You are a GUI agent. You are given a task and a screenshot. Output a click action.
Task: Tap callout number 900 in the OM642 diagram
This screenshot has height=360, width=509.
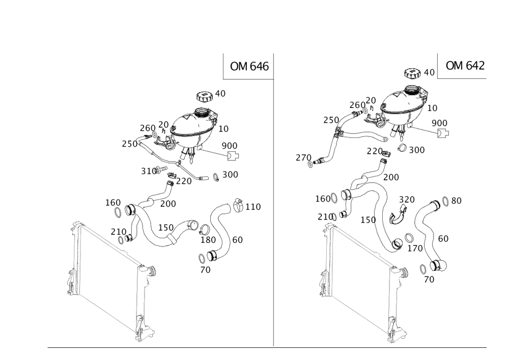439,123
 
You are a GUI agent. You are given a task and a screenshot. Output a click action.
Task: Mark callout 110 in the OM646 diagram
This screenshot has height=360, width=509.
252,207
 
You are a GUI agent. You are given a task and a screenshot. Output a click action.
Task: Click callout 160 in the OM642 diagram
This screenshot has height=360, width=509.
323,198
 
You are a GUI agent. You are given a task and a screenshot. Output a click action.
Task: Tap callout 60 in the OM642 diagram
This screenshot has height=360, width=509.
443,238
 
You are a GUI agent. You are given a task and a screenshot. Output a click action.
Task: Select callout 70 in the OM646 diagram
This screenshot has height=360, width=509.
205,270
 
